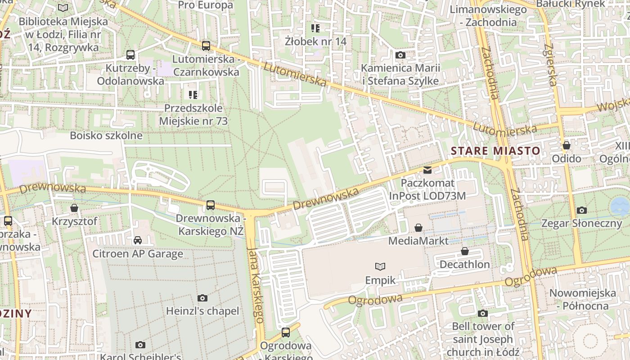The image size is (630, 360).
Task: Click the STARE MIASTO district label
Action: (495, 151)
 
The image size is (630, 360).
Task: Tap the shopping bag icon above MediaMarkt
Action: (418, 228)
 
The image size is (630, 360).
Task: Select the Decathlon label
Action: (464, 264)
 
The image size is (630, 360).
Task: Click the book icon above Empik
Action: (380, 266)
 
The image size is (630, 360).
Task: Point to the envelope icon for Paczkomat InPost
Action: (427, 170)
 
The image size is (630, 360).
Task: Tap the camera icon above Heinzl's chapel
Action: (202, 298)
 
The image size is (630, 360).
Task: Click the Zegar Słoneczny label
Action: (581, 223)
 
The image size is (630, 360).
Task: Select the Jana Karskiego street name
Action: (255, 284)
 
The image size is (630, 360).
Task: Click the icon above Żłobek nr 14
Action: (315, 28)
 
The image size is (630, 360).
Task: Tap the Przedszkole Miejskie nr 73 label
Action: (193, 115)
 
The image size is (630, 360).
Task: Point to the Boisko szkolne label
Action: (106, 135)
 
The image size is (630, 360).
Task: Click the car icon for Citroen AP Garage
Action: (138, 240)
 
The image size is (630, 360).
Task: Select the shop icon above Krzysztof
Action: (74, 208)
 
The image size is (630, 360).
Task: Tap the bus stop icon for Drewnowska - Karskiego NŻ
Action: (210, 205)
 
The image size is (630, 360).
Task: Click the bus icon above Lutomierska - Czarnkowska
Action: (206, 45)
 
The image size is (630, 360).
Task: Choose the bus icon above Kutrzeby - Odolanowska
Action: (130, 55)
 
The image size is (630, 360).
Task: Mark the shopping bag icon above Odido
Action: (567, 145)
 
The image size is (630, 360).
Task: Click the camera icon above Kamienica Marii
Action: (400, 55)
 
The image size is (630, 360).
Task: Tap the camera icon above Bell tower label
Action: (483, 313)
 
